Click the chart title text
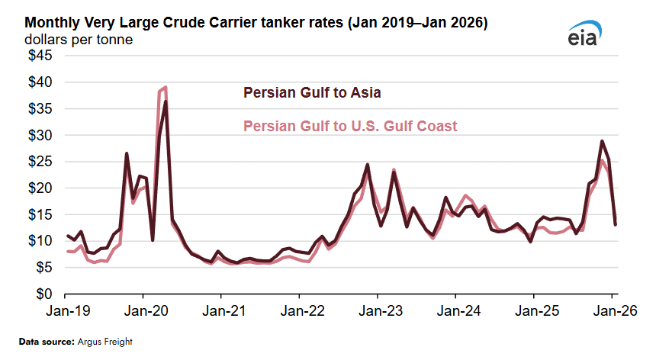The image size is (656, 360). [249, 24]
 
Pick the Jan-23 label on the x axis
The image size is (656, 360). [378, 311]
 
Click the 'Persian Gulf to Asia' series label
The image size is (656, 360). [312, 93]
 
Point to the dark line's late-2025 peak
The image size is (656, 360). [602, 141]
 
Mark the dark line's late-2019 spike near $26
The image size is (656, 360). [127, 154]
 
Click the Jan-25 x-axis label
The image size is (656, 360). [534, 311]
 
